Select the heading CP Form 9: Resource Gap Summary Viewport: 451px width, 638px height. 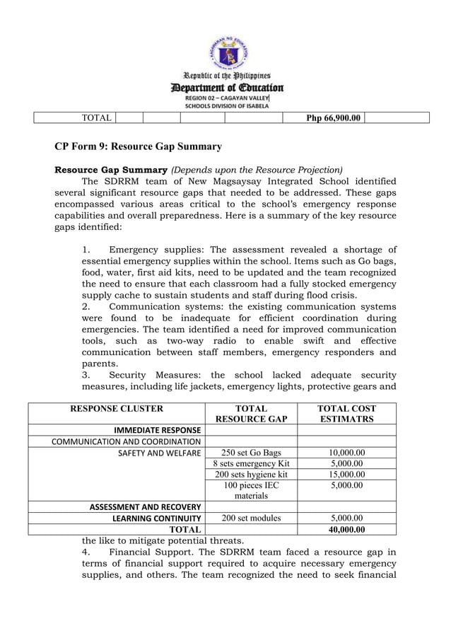139,146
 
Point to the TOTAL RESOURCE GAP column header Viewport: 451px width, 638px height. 251,414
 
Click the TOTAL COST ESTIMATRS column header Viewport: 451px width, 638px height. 346,414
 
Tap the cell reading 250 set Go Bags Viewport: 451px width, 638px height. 251,453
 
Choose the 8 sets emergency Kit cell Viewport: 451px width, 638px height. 251,464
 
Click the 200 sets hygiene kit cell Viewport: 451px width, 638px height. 251,475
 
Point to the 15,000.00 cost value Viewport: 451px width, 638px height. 346,475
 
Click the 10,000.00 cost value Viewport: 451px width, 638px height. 346,453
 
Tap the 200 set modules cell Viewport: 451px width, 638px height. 251,518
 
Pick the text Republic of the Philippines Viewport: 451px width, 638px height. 226,75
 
